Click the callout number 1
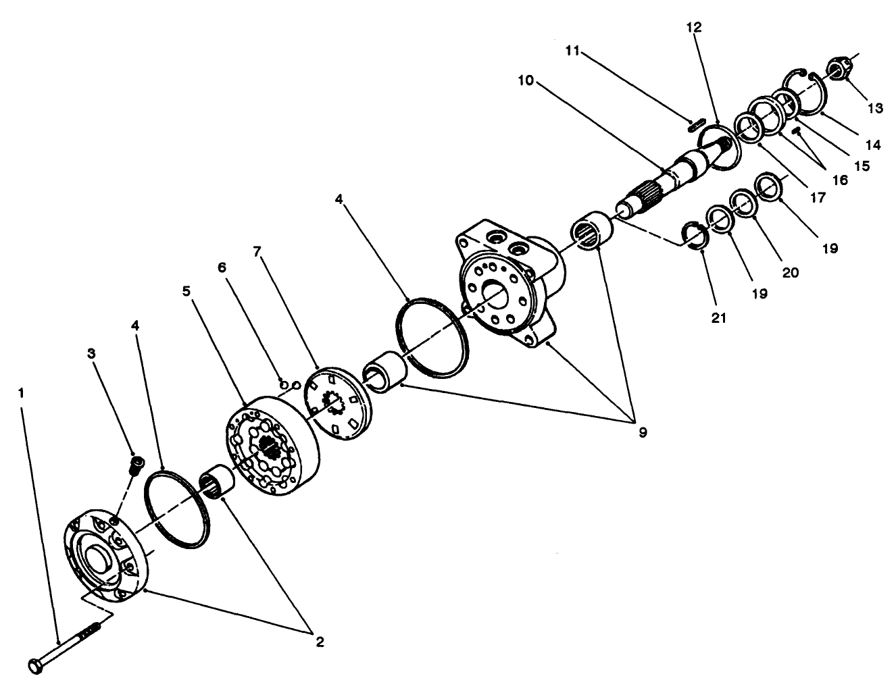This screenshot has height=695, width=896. pos(22,392)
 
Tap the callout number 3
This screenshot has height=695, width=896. pos(92,353)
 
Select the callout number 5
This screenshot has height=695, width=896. pos(187,291)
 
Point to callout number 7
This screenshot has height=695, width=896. pos(256,252)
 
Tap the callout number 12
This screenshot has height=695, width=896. pos(694,28)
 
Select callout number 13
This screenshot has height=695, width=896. pos(876,107)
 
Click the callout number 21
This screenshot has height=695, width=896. pos(719,317)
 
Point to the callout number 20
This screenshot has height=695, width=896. pos(790,272)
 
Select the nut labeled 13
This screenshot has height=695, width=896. pos(839,68)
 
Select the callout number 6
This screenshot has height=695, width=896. pos(222,267)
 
